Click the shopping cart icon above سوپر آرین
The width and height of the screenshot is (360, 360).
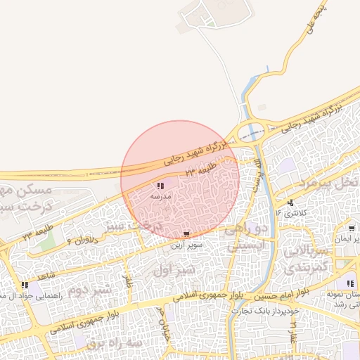click(186, 234)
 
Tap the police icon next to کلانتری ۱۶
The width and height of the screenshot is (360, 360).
click(291, 202)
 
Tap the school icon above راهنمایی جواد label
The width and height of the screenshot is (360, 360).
click(25, 285)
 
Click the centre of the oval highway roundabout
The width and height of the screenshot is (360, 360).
click(251, 131)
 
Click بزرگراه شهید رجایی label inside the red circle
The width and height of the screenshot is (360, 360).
click(193, 153)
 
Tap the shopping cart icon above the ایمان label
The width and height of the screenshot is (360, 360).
click(351, 229)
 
